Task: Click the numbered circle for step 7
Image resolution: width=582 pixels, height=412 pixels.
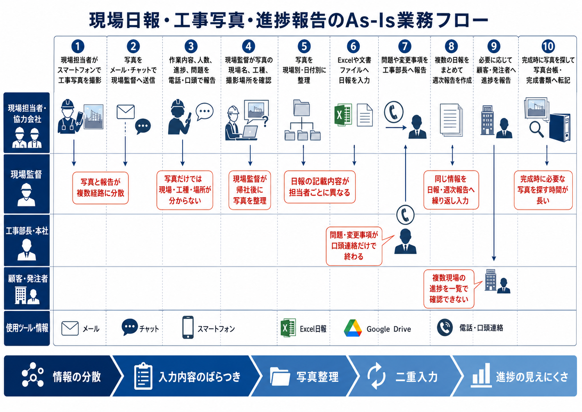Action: [404, 46]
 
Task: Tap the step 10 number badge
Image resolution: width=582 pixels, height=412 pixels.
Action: [548, 46]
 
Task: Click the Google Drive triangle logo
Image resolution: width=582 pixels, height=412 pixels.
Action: [352, 328]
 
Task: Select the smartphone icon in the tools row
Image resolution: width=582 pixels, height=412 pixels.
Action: [188, 327]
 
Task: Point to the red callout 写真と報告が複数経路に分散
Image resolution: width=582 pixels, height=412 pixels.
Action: [100, 188]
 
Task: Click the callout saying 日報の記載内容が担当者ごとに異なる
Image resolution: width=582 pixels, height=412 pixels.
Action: [320, 187]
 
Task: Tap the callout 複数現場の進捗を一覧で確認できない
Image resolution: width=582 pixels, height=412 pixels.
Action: [449, 289]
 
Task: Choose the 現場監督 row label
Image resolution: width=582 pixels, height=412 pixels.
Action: [27, 184]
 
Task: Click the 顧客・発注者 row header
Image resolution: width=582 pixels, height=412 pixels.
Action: [27, 289]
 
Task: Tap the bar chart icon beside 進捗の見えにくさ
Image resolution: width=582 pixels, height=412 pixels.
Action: [481, 375]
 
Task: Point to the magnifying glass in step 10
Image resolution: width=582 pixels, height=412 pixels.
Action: [536, 129]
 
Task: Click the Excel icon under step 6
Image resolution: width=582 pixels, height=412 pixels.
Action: [343, 115]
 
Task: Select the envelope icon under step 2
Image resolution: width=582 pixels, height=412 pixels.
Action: [125, 112]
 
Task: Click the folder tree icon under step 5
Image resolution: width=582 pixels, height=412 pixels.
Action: [302, 120]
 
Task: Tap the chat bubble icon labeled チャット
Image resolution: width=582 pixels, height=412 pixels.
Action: [129, 327]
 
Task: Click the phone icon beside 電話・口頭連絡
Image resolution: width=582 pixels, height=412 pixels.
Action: [445, 328]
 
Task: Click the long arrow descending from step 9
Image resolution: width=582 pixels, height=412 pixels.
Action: [494, 203]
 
